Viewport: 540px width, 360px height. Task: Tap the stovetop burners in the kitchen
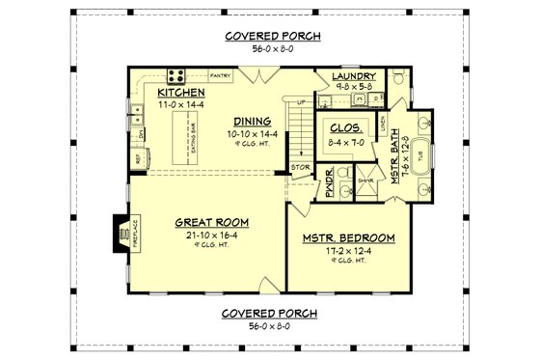pyautogui.click(x=178, y=73)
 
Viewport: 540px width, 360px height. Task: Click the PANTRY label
pyautogui.click(x=220, y=74)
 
